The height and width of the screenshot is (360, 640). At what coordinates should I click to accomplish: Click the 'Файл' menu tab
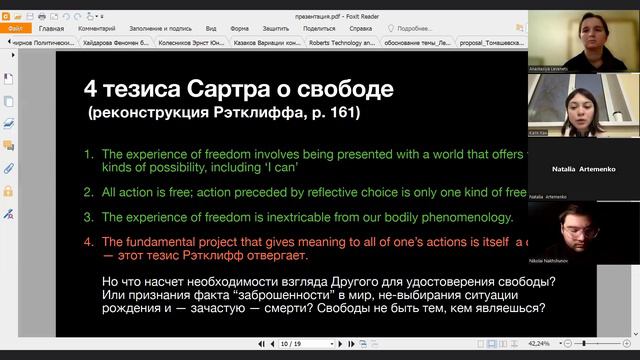point(15,29)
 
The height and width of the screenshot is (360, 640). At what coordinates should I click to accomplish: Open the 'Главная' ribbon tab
point(50,29)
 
